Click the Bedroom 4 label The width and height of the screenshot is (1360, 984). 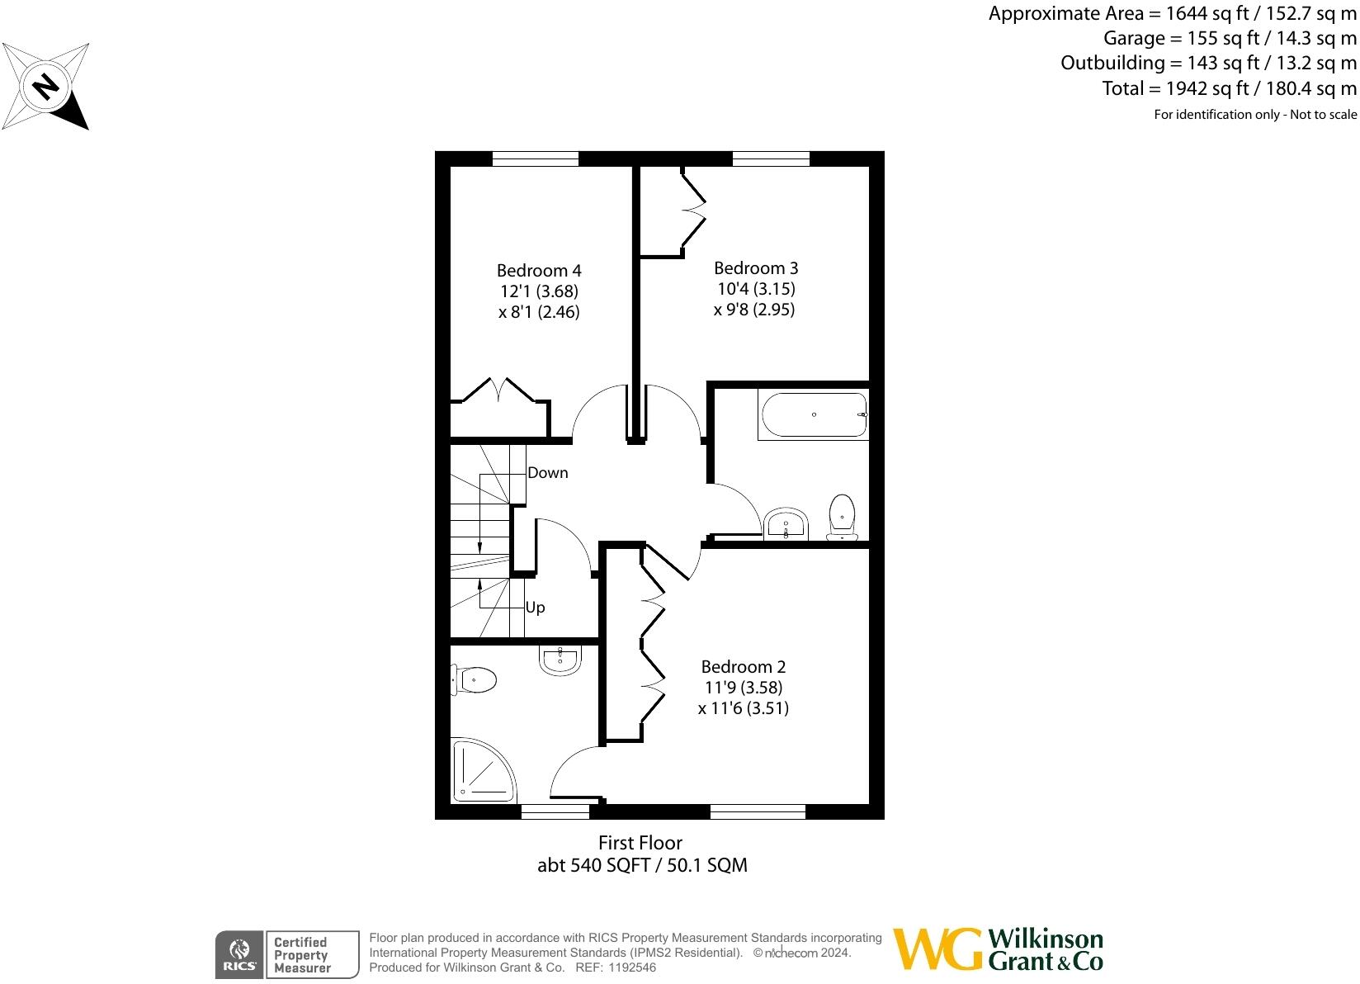tap(539, 271)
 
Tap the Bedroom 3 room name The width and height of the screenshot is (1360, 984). tap(756, 268)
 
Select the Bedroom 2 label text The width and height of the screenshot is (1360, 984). tap(743, 667)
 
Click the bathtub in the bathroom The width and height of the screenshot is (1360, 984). tap(813, 415)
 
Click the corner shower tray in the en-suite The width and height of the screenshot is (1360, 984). tap(480, 772)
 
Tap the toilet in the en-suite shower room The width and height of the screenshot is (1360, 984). tap(474, 680)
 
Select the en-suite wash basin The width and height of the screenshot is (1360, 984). tap(561, 659)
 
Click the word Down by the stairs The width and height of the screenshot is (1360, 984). tap(548, 473)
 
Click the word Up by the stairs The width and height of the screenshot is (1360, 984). tap(536, 608)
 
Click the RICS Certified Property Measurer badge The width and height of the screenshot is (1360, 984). tap(287, 954)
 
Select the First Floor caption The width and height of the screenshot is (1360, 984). tap(640, 843)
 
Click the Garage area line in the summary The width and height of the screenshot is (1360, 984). tap(1230, 38)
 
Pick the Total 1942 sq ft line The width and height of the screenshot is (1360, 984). tap(1229, 88)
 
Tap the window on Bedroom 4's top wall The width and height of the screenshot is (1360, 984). tap(536, 158)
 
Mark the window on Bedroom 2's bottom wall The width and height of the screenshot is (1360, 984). tap(758, 812)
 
